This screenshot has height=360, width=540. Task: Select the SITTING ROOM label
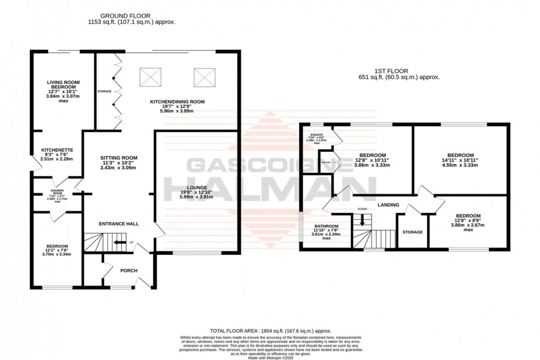pyautogui.click(x=118, y=158)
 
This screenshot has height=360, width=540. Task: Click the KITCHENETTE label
pyautogui.click(x=57, y=150)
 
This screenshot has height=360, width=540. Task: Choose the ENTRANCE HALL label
pyautogui.click(x=118, y=224)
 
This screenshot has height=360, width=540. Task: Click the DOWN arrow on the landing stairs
pyautogui.click(x=362, y=219)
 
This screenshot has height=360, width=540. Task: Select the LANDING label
pyautogui.click(x=388, y=205)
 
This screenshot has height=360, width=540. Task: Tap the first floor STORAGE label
pyautogui.click(x=412, y=232)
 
